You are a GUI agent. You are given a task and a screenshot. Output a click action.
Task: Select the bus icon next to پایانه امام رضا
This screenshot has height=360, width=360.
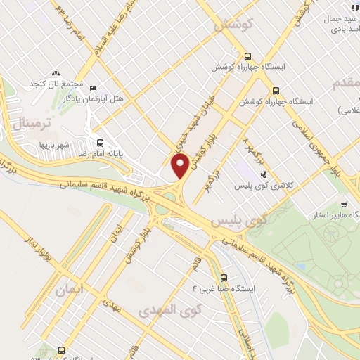(100, 141)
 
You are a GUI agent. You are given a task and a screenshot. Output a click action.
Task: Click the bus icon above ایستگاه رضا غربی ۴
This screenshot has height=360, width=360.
(224, 278)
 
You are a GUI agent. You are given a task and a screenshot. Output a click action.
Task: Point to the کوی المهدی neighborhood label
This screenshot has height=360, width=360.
(170, 309)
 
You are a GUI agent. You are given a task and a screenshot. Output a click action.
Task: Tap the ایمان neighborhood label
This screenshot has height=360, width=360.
(71, 288)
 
